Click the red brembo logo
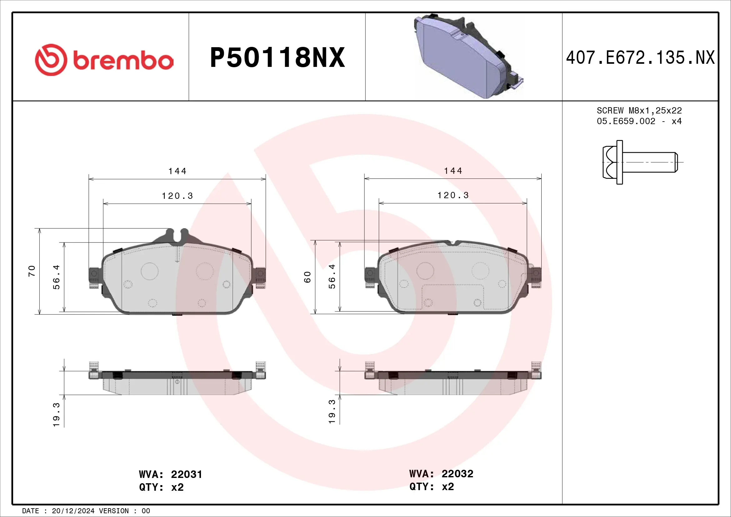click(104, 60)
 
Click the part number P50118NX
click(277, 58)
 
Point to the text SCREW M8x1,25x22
click(639, 110)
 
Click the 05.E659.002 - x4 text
click(639, 121)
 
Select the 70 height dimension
click(32, 271)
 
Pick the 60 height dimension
click(307, 277)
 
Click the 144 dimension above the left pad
click(177, 171)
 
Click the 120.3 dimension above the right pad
click(453, 195)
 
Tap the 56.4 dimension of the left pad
click(56, 277)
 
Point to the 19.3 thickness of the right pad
click(332, 411)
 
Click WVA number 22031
click(186, 474)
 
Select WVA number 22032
click(457, 474)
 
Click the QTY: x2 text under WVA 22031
click(161, 487)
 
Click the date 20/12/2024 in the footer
click(73, 511)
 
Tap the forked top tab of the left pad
click(177, 236)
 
